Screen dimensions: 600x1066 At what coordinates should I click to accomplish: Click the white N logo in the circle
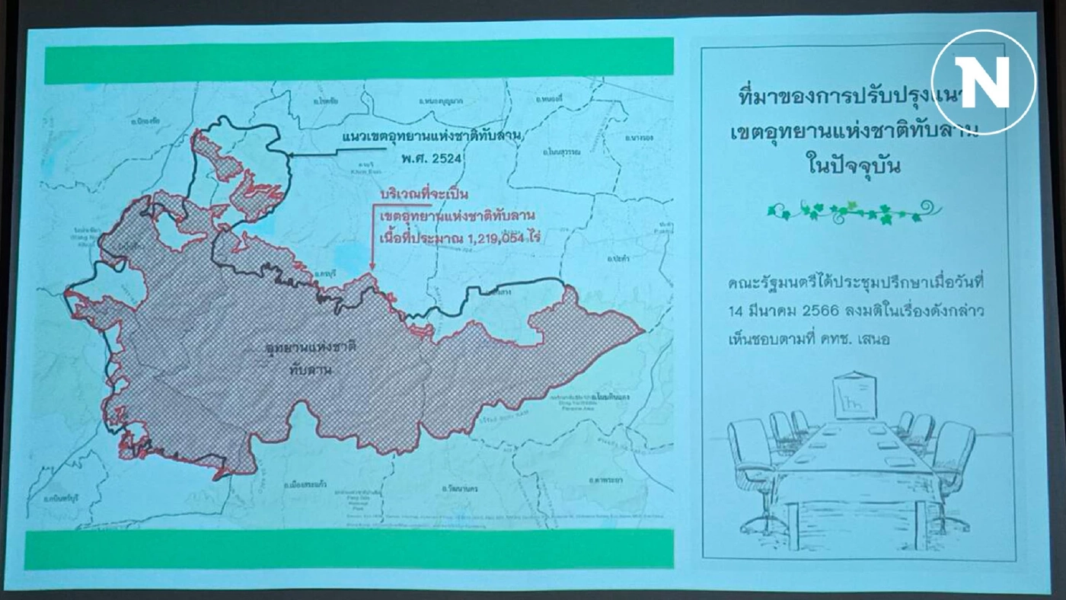pos(983,81)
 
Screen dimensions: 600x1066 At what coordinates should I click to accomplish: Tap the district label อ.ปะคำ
pos(618,258)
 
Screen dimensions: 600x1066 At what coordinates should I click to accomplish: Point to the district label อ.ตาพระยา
pos(607,480)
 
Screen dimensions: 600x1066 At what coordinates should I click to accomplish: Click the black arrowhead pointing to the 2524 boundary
pos(289,155)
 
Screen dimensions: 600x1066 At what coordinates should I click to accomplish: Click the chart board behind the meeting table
pos(854,397)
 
